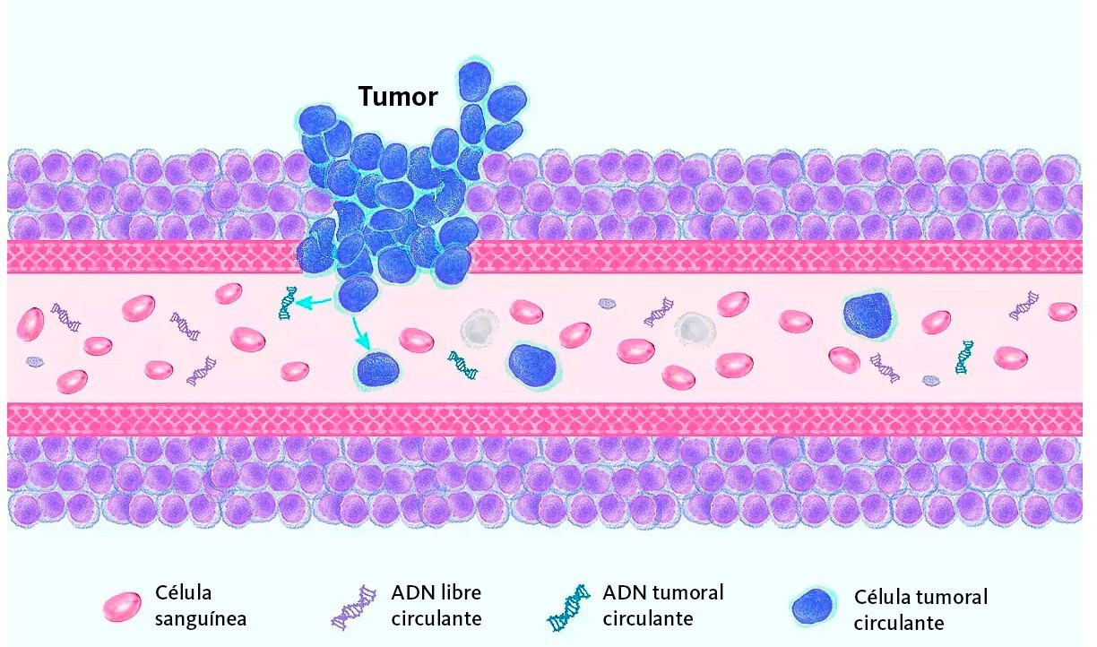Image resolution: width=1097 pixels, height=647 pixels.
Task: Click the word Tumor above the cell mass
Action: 398,96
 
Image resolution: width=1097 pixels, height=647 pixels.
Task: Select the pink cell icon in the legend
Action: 123,607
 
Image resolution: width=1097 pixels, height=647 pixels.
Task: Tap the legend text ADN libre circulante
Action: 436,606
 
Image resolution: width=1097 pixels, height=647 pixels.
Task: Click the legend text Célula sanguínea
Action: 200,606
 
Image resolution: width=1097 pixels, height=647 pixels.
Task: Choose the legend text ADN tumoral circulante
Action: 662,605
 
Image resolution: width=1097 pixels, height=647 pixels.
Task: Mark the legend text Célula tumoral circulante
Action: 920,609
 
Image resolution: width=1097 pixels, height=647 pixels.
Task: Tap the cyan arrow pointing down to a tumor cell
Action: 360,333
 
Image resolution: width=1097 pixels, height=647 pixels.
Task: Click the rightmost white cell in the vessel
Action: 693,329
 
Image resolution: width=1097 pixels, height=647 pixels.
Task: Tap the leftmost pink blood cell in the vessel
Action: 30,323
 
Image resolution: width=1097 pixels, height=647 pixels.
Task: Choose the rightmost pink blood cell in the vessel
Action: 1062,311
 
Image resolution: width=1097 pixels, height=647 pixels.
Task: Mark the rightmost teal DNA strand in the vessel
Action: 964,357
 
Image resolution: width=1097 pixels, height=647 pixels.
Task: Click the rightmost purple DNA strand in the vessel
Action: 1024,306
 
